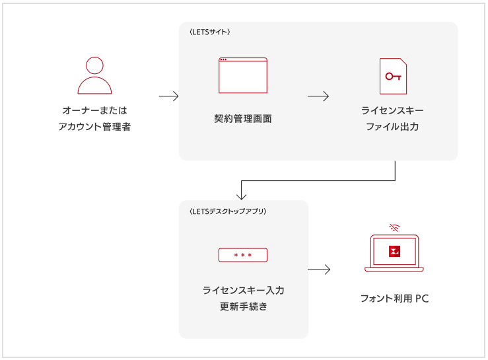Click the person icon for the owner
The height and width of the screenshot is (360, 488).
pos(94,75)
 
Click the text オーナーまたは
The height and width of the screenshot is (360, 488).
pos(94,110)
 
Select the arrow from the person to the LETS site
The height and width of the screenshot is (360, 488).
pos(169,96)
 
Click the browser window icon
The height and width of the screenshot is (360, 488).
pos(243,75)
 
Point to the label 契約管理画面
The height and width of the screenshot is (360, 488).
pos(243,119)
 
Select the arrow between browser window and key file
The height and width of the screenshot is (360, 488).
pos(318,96)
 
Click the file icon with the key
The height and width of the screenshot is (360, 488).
pos(393,76)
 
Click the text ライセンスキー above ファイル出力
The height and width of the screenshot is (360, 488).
pos(392,110)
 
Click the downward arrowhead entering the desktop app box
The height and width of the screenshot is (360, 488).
pos(242,196)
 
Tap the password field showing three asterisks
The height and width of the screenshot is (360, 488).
pos(243,255)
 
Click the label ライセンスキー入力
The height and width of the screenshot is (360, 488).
pos(243,290)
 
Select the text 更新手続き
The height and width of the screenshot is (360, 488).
pos(243,306)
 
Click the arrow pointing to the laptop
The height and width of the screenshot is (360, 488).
pos(319,270)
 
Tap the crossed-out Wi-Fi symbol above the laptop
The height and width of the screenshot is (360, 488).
pos(394,227)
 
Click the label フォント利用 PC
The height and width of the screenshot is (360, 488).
pos(394,299)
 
